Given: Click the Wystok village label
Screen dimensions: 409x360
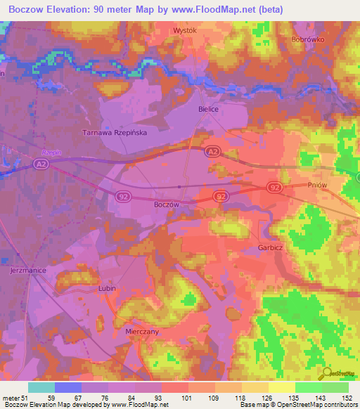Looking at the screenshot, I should [x=185, y=31].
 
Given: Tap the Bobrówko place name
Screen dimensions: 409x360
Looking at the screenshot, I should [x=307, y=40].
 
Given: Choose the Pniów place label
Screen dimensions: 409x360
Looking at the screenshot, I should [x=319, y=184].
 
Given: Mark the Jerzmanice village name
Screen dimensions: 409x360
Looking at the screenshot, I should [x=28, y=270].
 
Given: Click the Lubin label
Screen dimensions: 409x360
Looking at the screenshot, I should [x=106, y=288].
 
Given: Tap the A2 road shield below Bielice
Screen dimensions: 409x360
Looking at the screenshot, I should [x=212, y=152].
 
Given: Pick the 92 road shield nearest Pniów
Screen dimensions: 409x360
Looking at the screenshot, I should [x=274, y=187].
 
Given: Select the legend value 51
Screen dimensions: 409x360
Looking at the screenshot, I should [x=25, y=397].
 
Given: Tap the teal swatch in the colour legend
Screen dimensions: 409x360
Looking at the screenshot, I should [x=41, y=387].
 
